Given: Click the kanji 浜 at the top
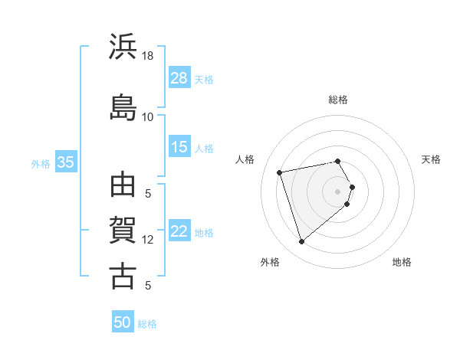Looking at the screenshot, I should pyautogui.click(x=123, y=47).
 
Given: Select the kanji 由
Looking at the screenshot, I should pyautogui.click(x=123, y=186).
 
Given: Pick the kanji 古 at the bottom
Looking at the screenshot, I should pyautogui.click(x=123, y=276).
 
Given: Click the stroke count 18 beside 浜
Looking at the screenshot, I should pyautogui.click(x=149, y=57).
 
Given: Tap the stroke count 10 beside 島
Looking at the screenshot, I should pyautogui.click(x=148, y=116).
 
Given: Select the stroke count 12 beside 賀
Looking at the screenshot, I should pyautogui.click(x=148, y=240).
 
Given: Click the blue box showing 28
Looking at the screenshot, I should pyautogui.click(x=179, y=78).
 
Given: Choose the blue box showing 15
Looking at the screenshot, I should pyautogui.click(x=179, y=147).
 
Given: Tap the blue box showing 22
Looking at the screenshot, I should pyautogui.click(x=179, y=232).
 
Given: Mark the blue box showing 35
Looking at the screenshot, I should pyautogui.click(x=66, y=162).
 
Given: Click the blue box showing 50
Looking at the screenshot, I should pyautogui.click(x=123, y=323).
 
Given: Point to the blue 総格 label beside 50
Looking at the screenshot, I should pyautogui.click(x=148, y=324).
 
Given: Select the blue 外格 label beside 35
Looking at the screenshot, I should pyautogui.click(x=41, y=163).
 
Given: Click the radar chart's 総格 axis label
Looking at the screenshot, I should pyautogui.click(x=338, y=100).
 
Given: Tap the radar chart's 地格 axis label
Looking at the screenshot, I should pyautogui.click(x=402, y=263).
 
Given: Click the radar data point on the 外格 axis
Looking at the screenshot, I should pyautogui.click(x=301, y=241).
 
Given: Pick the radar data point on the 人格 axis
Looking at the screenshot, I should pyautogui.click(x=280, y=172).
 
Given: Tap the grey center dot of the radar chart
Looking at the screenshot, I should pyautogui.click(x=338, y=191).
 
